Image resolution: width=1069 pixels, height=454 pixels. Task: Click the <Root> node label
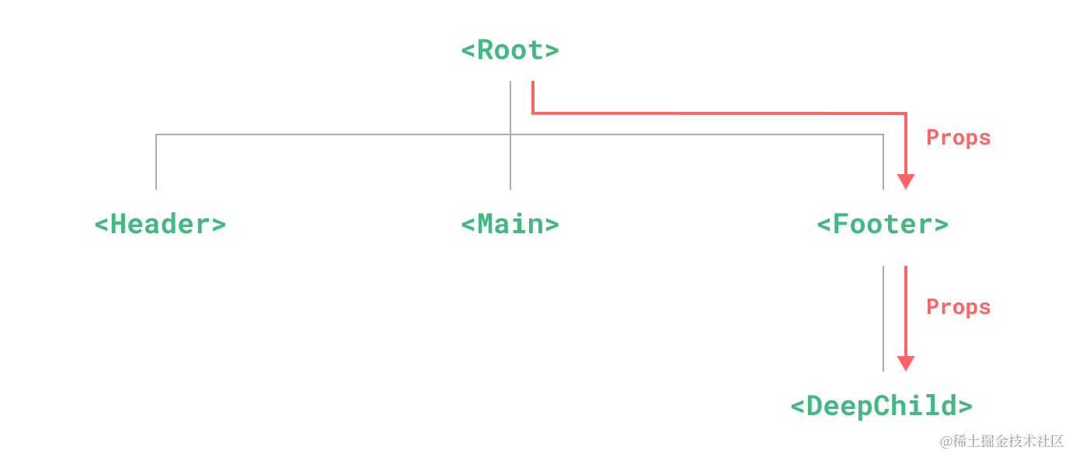pos(510,51)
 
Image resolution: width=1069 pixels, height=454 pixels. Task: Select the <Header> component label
pos(160,225)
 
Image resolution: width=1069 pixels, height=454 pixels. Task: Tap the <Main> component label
pos(510,225)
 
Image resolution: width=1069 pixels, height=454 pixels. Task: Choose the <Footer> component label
pos(883,225)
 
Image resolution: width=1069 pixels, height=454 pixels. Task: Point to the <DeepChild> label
pos(881,406)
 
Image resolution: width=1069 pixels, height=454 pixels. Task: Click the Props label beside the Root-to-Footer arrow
pos(959,138)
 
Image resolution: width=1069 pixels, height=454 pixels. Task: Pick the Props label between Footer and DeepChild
pos(959,307)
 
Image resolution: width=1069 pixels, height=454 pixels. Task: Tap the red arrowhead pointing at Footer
pos(905,182)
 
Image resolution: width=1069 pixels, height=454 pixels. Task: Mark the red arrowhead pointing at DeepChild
pos(905,364)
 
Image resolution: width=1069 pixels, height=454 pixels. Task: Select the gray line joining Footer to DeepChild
pos(883,319)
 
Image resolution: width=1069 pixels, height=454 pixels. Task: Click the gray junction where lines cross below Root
pos(510,134)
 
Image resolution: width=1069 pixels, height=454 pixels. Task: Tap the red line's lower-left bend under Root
pos(532,113)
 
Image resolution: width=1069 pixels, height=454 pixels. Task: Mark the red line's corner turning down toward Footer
pos(905,113)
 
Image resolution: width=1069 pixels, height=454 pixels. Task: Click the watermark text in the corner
pos(1000,440)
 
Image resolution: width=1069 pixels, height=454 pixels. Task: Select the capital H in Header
pos(120,225)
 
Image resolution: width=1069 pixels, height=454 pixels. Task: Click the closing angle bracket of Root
pos(551,51)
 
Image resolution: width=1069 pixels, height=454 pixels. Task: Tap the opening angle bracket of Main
pos(468,225)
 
